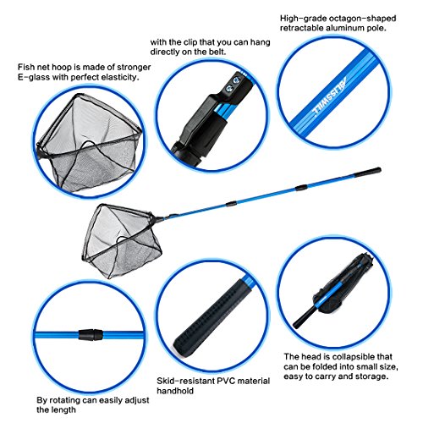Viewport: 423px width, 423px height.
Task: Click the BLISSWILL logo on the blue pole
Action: (x=329, y=96)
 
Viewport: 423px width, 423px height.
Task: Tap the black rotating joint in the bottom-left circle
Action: (x=91, y=335)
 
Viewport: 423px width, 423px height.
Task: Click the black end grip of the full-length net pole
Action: (x=367, y=172)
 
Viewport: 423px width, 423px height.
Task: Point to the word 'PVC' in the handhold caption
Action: (x=224, y=381)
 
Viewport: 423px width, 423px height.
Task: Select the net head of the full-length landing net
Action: (x=121, y=239)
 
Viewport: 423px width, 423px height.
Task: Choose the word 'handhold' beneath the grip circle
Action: (x=175, y=391)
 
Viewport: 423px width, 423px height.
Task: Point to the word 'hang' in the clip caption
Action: (x=261, y=42)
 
